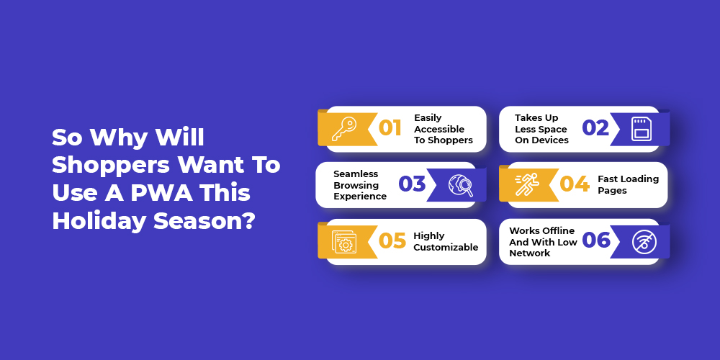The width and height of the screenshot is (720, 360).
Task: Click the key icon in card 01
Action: click(x=344, y=129)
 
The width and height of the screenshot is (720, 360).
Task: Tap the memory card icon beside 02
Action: click(x=642, y=129)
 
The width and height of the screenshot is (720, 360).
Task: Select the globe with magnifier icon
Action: click(x=461, y=185)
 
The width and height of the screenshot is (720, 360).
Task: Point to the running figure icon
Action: click(x=527, y=185)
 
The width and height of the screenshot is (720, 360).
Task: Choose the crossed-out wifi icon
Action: click(x=644, y=241)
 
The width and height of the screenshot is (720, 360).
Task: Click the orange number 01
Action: click(x=390, y=128)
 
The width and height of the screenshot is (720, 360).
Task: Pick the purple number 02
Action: click(x=595, y=128)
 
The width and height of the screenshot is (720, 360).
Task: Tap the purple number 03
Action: click(x=412, y=184)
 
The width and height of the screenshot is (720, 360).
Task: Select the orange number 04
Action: click(x=575, y=184)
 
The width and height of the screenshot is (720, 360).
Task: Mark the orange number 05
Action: click(x=392, y=241)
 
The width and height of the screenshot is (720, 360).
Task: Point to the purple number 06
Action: click(x=596, y=241)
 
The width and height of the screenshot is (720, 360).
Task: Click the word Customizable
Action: click(x=446, y=247)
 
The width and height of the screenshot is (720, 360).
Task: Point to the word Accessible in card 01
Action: click(x=439, y=129)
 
